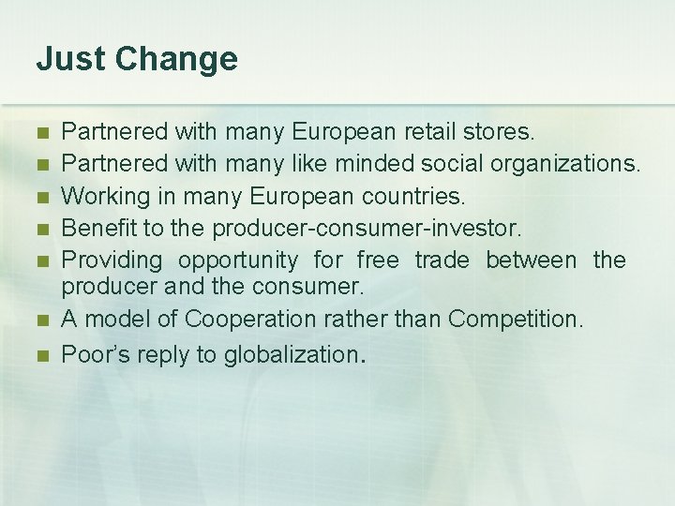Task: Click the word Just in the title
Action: (x=68, y=59)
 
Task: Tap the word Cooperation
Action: (x=250, y=320)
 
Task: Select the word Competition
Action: (x=516, y=320)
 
